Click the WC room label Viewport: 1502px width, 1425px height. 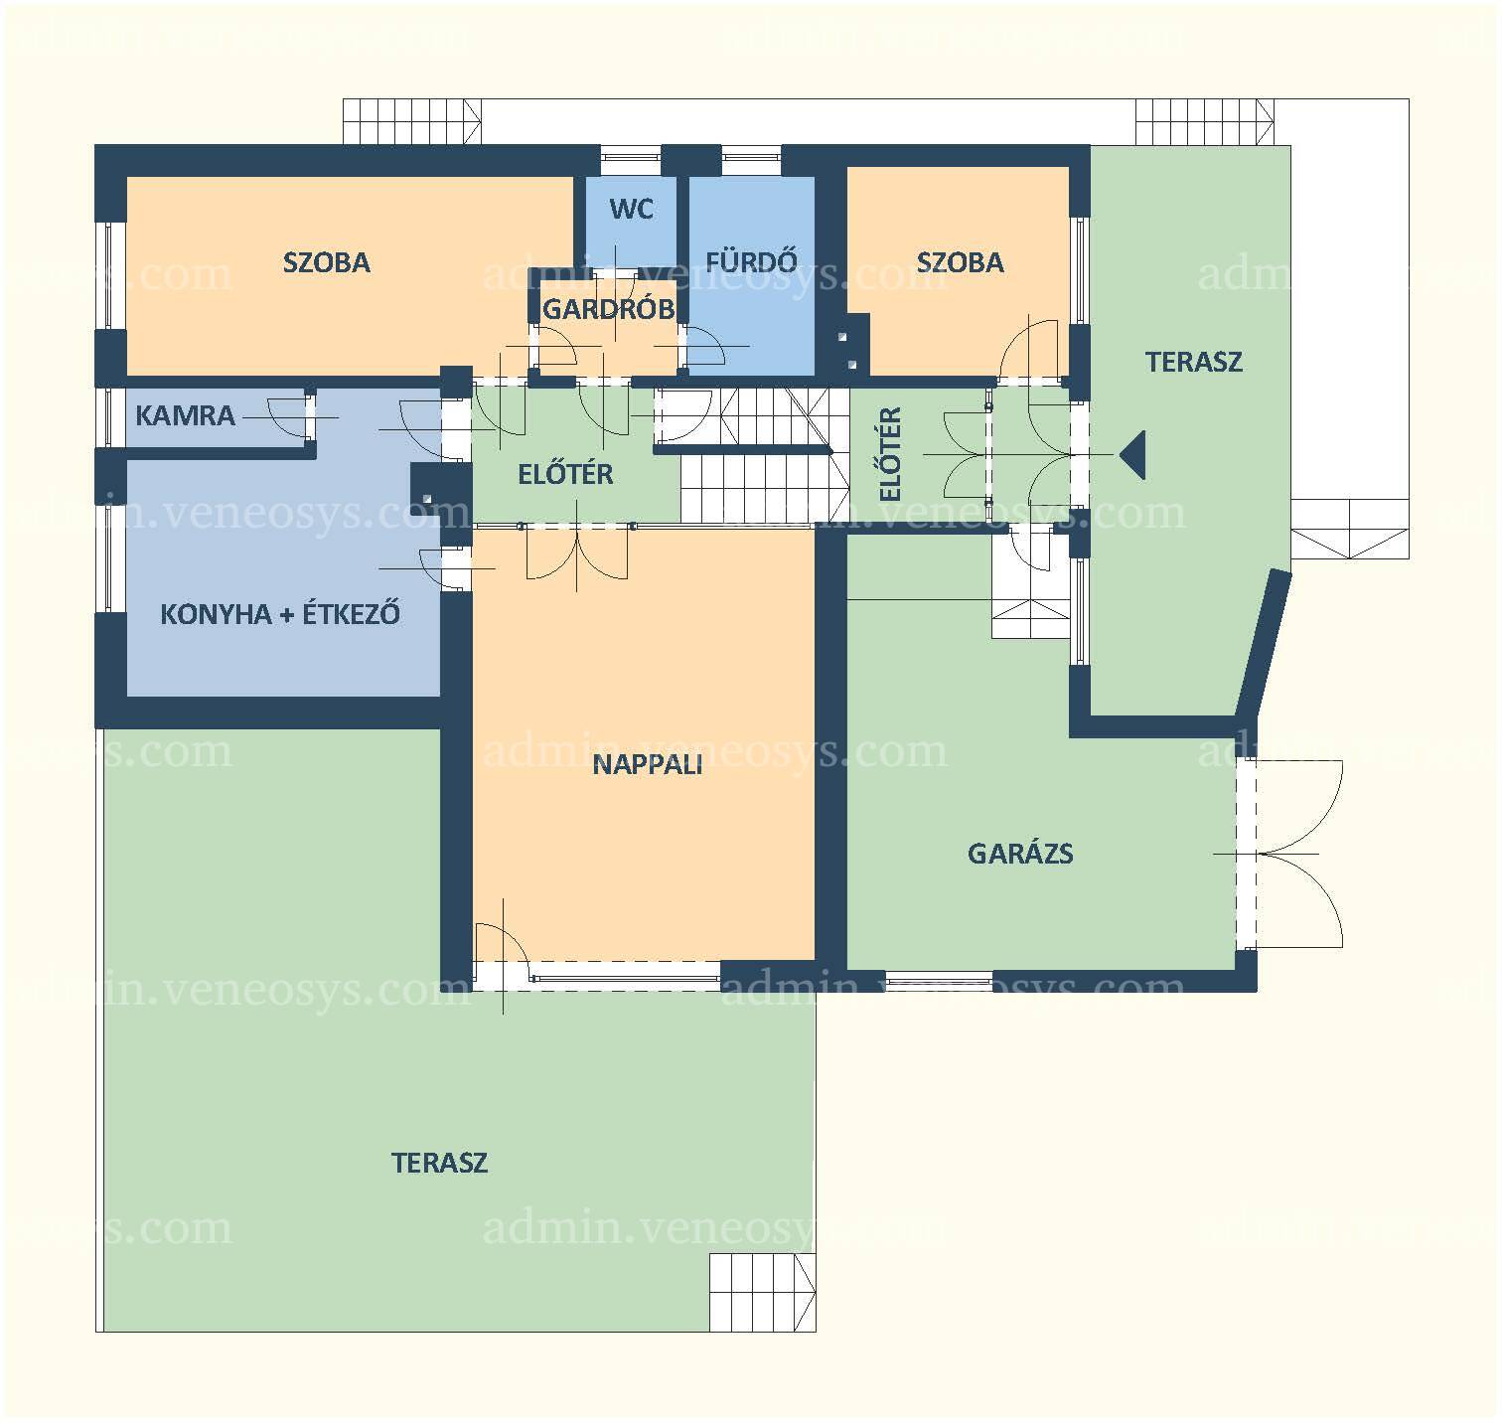click(x=632, y=209)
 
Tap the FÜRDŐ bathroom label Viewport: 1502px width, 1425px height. click(x=751, y=261)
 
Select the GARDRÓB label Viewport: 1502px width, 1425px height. click(x=608, y=309)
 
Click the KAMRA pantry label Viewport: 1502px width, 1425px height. click(x=185, y=415)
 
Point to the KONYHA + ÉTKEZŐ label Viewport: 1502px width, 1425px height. click(x=280, y=613)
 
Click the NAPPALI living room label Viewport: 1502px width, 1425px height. click(x=648, y=764)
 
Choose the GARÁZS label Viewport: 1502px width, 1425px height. click(x=1020, y=854)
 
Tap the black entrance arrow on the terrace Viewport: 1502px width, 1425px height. click(x=1132, y=454)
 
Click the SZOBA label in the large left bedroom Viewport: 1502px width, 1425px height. click(x=327, y=262)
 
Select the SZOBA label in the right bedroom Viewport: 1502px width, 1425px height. click(x=960, y=262)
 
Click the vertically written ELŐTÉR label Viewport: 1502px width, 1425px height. click(x=891, y=454)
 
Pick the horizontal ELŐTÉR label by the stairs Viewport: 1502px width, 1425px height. click(x=565, y=474)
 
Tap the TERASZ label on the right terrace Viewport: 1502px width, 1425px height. click(x=1194, y=362)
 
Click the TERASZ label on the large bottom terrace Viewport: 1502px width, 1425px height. click(x=439, y=1163)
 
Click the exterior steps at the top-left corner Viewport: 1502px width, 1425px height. click(x=411, y=122)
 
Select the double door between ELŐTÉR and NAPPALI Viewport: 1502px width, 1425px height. click(x=577, y=553)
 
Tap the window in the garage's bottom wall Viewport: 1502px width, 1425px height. click(x=939, y=982)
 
